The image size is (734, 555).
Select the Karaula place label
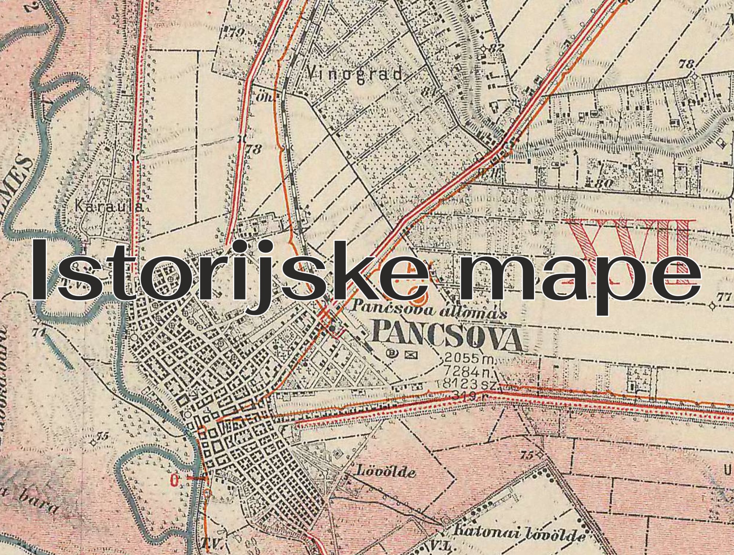click(x=109, y=207)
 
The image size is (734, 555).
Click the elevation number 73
click(x=255, y=149)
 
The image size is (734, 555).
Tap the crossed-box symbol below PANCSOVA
click(x=408, y=354)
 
